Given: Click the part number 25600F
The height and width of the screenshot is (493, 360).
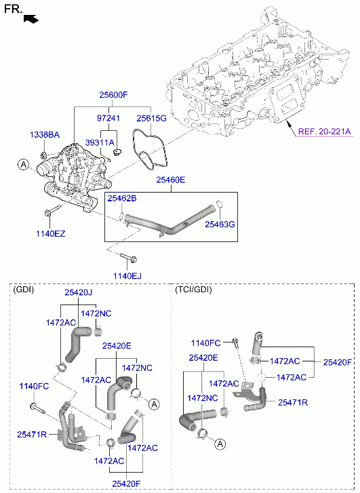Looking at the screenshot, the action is coord(113,95).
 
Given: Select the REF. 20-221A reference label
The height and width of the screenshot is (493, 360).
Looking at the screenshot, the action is coord(324,131).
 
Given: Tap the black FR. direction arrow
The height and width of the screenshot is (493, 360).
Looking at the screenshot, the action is coord(31,19).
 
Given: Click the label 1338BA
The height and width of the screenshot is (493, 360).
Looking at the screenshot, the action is coord(45,135).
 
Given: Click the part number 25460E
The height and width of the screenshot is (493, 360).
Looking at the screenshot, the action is coord(171,180).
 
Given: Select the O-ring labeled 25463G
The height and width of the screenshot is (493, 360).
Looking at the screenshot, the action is coord(220,204).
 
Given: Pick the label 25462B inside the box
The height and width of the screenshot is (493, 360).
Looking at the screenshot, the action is coord(122,199).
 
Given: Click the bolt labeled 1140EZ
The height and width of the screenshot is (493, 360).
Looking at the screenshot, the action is coord(52,211).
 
